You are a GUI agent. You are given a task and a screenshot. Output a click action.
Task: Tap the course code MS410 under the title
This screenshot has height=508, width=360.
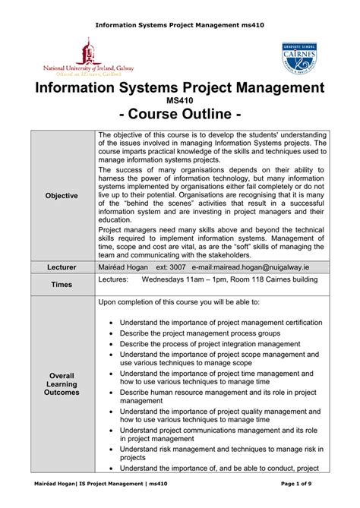click(x=179, y=100)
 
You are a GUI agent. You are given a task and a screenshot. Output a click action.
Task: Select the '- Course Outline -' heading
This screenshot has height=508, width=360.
click(x=179, y=115)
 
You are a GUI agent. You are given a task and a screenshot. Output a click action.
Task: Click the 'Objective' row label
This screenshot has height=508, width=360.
click(x=62, y=196)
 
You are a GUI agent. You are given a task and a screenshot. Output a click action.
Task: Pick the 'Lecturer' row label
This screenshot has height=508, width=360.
click(x=62, y=268)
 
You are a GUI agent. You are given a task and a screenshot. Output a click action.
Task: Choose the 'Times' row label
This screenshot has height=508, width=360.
click(x=62, y=284)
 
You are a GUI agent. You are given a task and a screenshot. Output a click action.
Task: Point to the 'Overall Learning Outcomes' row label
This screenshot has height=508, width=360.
click(x=62, y=384)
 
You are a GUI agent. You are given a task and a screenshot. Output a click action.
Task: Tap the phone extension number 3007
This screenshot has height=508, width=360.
click(x=177, y=268)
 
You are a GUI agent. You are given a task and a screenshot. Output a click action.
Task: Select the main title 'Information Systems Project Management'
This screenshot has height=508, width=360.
click(x=179, y=87)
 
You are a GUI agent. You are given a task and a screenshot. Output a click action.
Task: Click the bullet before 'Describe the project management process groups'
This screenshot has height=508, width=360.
click(x=112, y=333)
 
